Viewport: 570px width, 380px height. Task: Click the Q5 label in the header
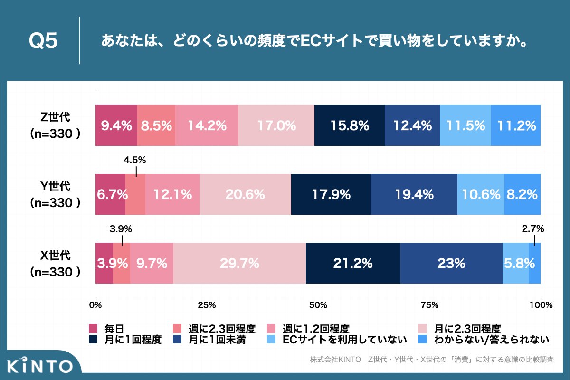pos(43,41)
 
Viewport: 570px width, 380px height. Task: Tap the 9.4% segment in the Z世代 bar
pos(116,126)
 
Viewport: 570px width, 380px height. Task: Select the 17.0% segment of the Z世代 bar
pos(276,126)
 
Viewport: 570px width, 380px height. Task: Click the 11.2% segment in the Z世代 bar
pos(516,126)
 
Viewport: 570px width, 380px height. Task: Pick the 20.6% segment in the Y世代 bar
pos(245,194)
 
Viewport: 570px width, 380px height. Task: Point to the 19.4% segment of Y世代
pos(414,194)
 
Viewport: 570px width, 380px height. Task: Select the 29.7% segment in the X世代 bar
pos(239,263)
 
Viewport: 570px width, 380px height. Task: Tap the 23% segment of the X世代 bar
pos(451,263)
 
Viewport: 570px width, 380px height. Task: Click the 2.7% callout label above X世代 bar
pos(533,229)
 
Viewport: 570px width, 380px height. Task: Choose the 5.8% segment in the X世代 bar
pos(515,263)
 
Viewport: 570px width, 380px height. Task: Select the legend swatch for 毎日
pos(94,329)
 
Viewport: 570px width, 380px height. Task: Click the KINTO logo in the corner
pos(41,366)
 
